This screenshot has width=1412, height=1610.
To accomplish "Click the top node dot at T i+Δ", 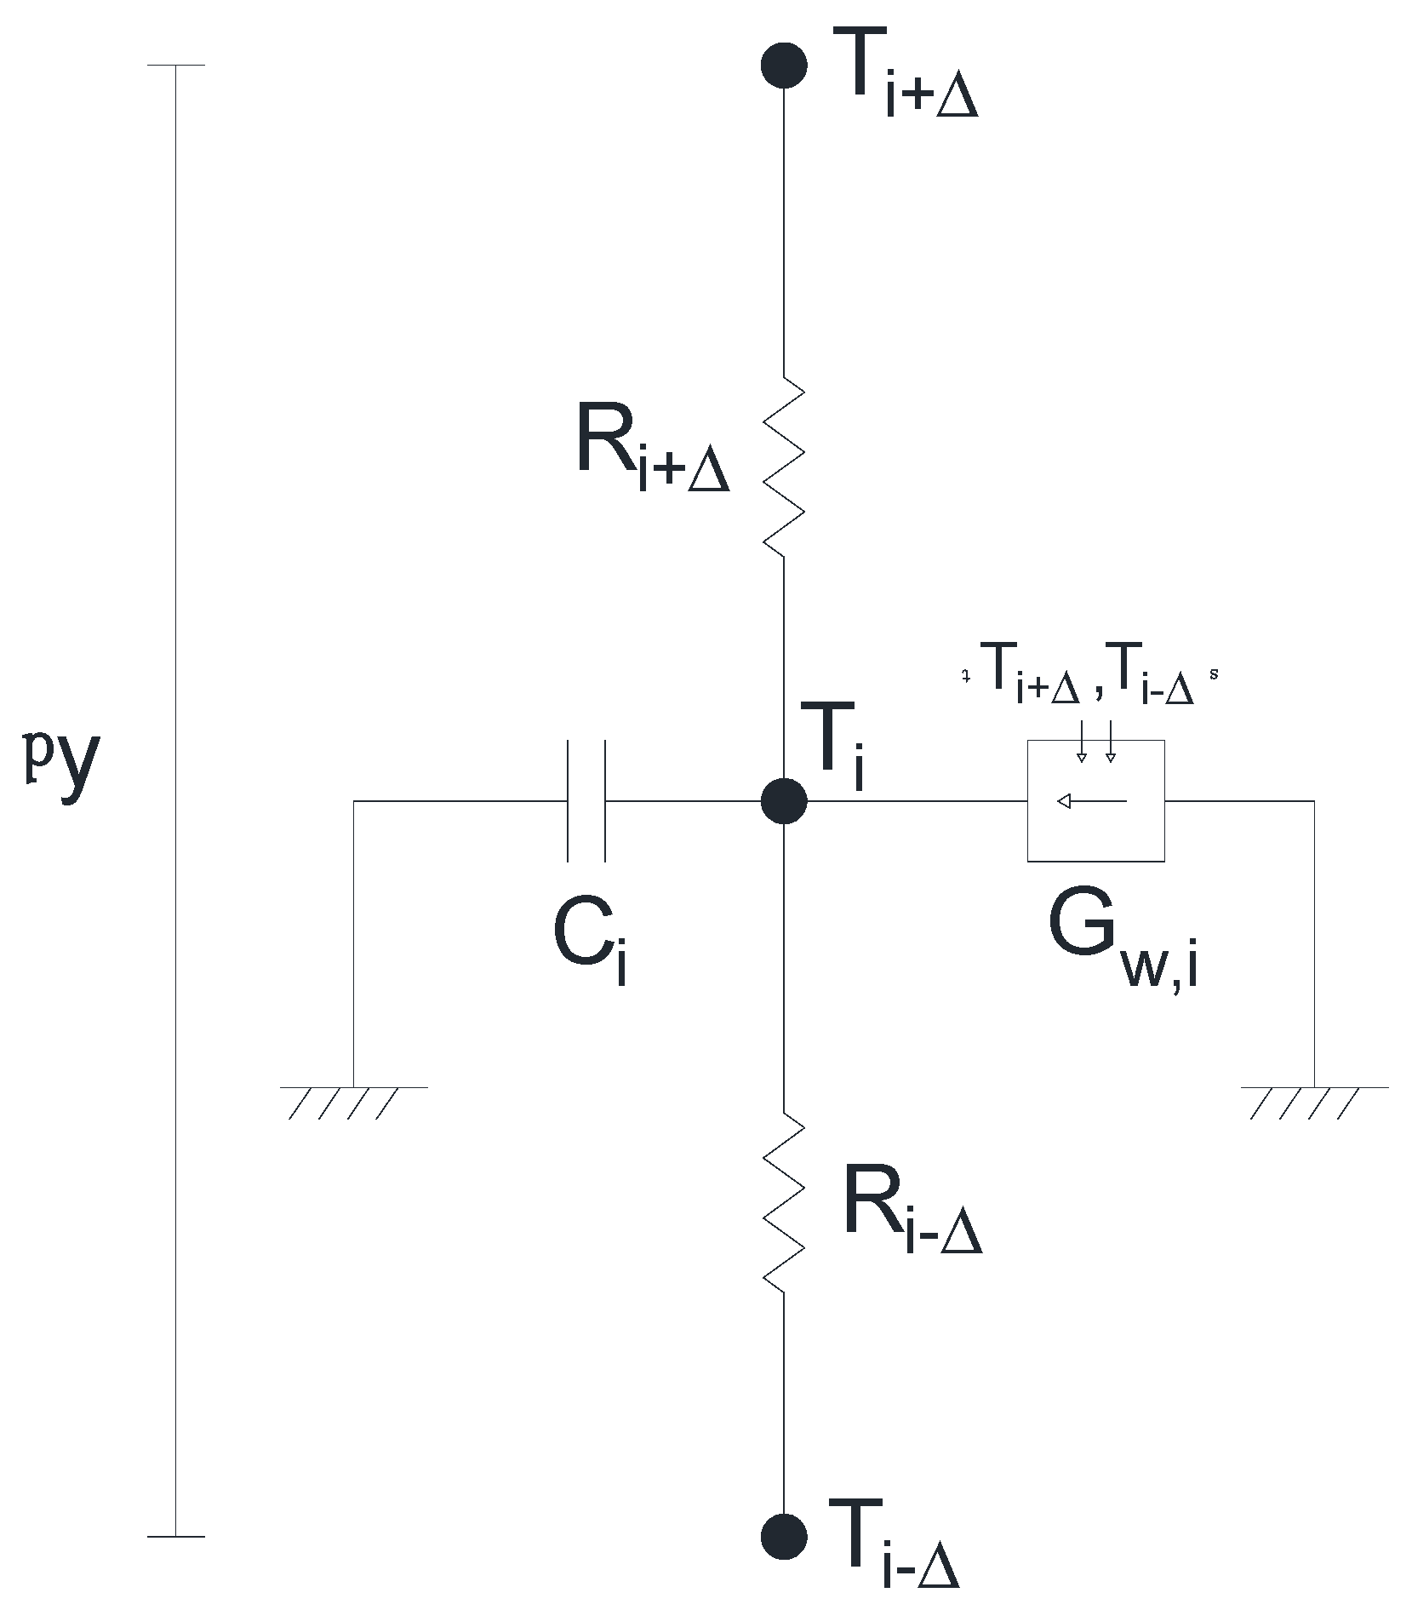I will click(x=783, y=65).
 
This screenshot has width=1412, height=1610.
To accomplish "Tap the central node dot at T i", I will click(x=783, y=800).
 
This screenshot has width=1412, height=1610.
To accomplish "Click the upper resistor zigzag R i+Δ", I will click(x=784, y=467).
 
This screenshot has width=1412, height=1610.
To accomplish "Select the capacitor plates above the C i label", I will click(x=586, y=800).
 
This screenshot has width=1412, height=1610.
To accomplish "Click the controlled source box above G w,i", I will click(x=1095, y=800).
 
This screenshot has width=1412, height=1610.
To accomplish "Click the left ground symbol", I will click(x=352, y=1099).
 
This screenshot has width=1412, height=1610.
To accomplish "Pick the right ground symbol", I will click(x=1314, y=1099).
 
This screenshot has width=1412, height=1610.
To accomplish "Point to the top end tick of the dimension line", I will click(x=175, y=65).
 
